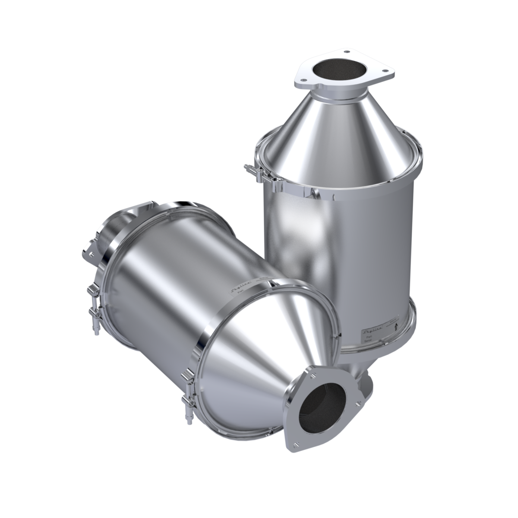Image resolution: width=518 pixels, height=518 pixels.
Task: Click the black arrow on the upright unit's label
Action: point(396,327)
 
